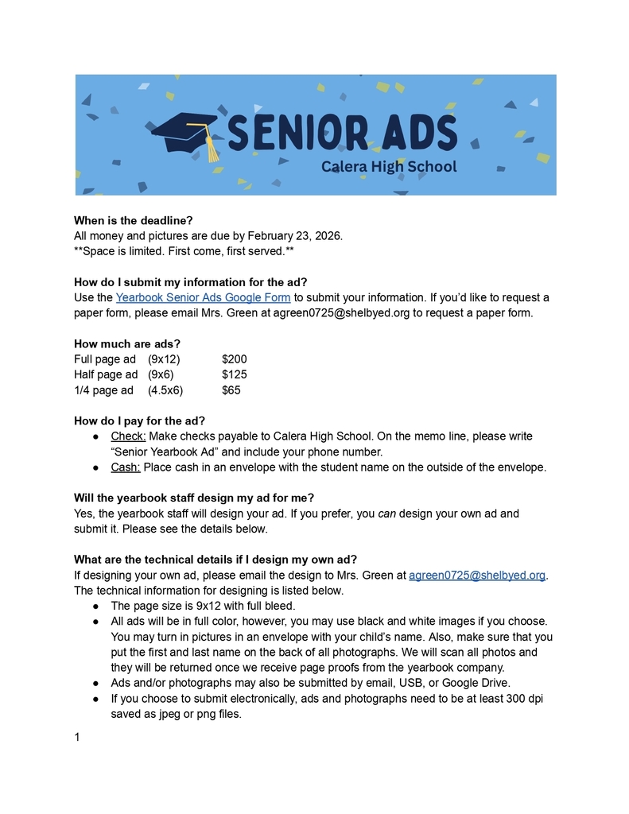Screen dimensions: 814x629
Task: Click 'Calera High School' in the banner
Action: tap(389, 166)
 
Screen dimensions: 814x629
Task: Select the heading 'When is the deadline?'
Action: tap(134, 220)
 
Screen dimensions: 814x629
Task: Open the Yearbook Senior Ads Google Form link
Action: tap(203, 297)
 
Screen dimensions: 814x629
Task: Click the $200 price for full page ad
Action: tap(235, 359)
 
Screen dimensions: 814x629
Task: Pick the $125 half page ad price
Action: tap(235, 374)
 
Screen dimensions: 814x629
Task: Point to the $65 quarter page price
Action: tap(231, 390)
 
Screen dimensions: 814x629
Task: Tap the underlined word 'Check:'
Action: tap(128, 436)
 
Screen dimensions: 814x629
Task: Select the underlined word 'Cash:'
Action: tap(126, 467)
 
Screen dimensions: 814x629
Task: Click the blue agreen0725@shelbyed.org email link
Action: tap(476, 575)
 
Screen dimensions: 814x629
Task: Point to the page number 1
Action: tap(77, 738)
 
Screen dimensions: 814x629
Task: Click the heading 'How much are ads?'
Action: tap(127, 344)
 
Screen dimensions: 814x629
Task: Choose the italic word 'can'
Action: tap(386, 514)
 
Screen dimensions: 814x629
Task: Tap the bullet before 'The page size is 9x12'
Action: tap(95, 606)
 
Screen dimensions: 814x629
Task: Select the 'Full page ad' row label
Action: tap(105, 359)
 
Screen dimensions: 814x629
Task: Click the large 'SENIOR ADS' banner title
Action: tap(342, 133)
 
